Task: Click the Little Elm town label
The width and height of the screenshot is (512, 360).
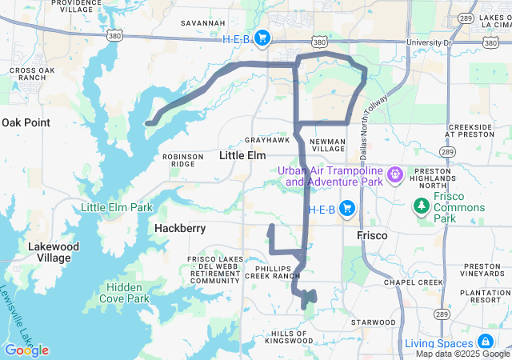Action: point(242,155)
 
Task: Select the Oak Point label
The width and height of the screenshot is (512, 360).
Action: point(26,122)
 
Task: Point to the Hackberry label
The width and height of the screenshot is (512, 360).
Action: point(180,228)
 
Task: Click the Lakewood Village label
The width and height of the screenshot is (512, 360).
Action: point(54,252)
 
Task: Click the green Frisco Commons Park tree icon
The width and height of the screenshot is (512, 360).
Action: point(421,207)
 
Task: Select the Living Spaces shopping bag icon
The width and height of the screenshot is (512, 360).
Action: point(485,343)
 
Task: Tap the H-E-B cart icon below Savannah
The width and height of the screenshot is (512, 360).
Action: point(262,38)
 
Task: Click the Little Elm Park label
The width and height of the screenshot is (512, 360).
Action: point(117,208)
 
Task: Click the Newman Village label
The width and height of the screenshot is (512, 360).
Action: point(327,144)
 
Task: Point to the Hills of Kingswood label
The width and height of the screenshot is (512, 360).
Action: point(292,337)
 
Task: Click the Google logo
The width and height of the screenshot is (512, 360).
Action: point(26,350)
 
